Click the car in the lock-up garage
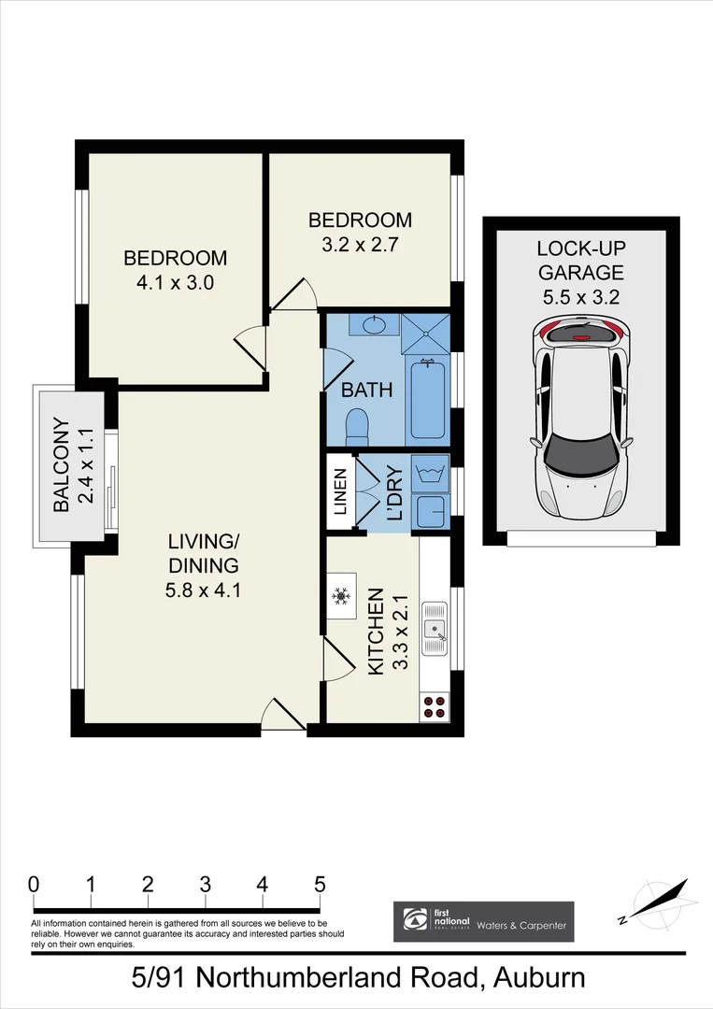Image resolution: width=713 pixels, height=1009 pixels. click(580, 420)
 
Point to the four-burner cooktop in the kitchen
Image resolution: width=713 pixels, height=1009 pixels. click(434, 706)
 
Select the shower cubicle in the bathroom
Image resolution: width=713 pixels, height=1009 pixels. click(426, 334)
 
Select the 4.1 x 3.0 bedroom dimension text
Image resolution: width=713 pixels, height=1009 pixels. click(175, 282)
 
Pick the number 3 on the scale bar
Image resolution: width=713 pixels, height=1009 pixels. click(205, 883)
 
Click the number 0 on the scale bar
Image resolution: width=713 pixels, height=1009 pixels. click(34, 883)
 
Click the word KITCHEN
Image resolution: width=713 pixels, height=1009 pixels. click(377, 632)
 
